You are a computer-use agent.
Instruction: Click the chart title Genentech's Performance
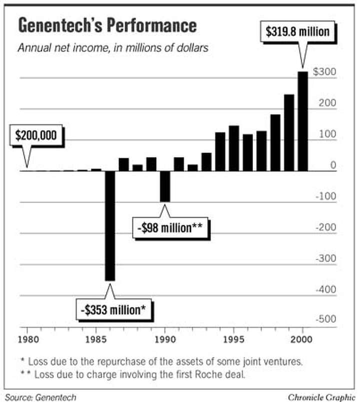pyautogui.click(x=107, y=25)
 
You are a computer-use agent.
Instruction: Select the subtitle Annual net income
pyautogui.click(x=113, y=49)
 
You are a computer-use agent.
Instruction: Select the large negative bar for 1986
pyautogui.click(x=109, y=225)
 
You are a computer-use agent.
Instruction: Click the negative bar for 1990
pyautogui.click(x=164, y=186)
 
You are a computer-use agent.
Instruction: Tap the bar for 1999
pyautogui.click(x=288, y=132)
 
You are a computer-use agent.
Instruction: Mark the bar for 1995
pyautogui.click(x=233, y=148)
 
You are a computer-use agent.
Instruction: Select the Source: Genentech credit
pyautogui.click(x=41, y=397)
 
